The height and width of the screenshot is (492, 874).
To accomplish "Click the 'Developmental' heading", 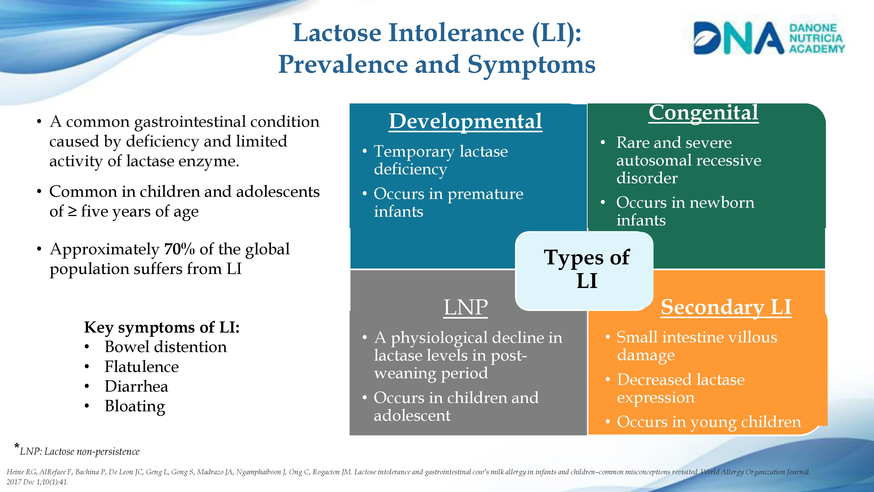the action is tap(465, 121).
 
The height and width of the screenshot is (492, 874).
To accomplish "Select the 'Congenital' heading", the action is tap(703, 113).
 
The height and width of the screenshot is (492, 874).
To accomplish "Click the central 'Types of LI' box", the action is tap(584, 271).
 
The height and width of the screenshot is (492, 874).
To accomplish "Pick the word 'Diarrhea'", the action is tap(136, 386).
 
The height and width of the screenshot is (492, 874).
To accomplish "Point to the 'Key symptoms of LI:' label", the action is tap(162, 328).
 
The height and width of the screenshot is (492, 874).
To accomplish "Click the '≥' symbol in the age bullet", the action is tap(72, 211).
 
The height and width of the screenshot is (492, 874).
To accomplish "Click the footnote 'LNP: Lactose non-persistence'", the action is tap(80, 452).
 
